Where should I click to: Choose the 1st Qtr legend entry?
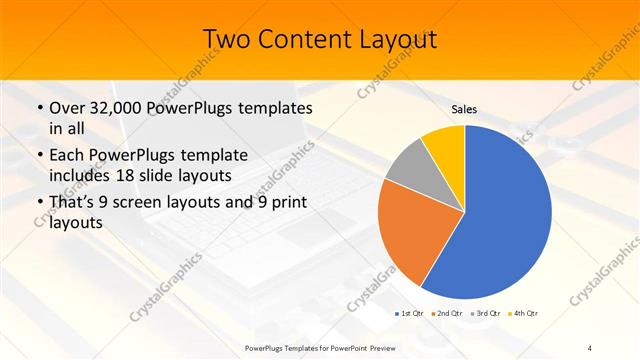(x=410, y=315)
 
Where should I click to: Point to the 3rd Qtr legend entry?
(x=488, y=315)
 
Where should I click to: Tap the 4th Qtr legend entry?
(x=526, y=315)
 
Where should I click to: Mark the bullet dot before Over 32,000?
(x=39, y=108)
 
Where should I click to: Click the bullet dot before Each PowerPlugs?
(x=39, y=155)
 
